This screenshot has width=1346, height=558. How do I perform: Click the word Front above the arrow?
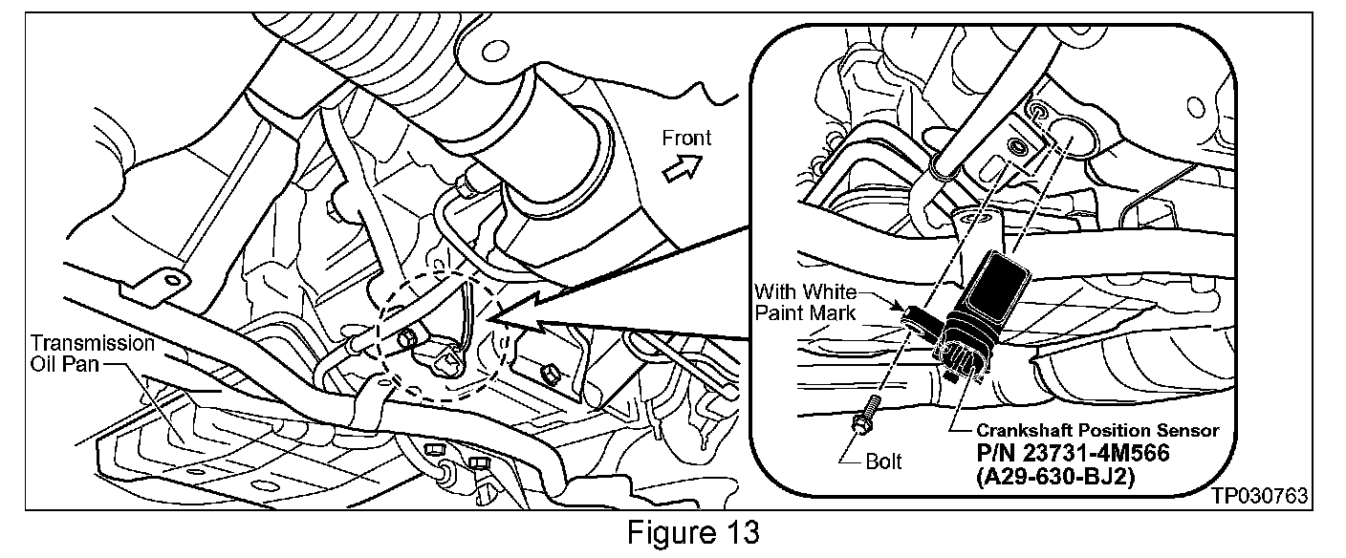(x=686, y=139)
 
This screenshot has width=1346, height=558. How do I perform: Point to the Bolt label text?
(x=882, y=462)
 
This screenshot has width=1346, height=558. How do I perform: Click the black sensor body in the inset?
(x=994, y=288)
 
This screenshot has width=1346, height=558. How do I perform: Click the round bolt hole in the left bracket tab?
(x=171, y=279)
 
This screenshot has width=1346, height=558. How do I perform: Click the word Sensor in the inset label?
(x=1192, y=431)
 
